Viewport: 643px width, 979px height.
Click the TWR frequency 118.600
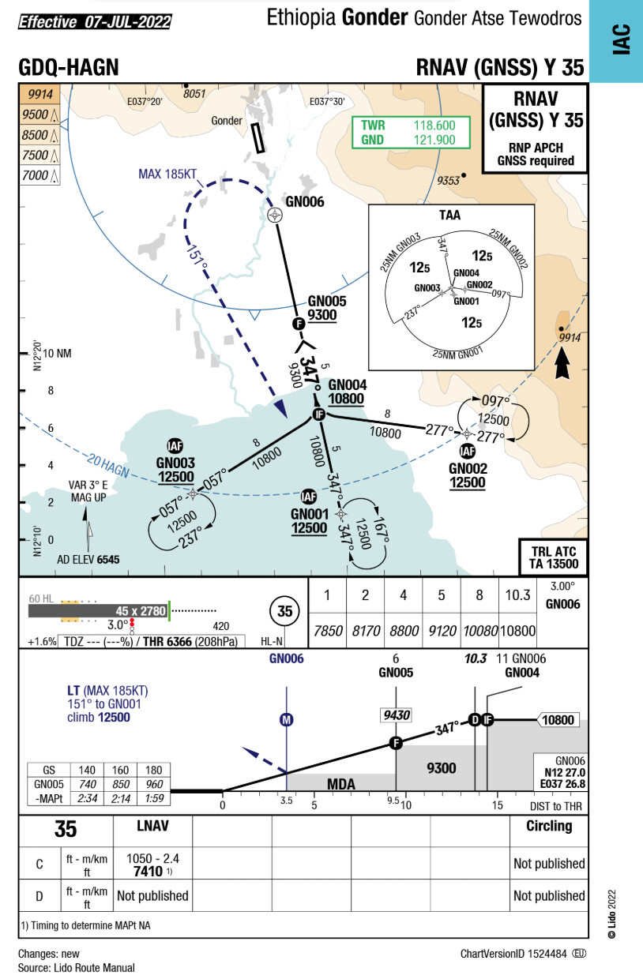tap(434, 126)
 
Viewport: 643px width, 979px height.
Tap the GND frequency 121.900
tap(434, 140)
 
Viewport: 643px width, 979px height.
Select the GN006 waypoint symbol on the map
tap(275, 214)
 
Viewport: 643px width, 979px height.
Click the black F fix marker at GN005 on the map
tap(299, 324)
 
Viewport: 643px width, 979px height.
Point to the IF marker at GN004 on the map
tap(319, 414)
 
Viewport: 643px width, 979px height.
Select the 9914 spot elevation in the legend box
tap(39, 95)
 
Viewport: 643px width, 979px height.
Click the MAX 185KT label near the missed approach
tap(168, 174)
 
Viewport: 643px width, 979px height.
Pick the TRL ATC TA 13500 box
tap(553, 557)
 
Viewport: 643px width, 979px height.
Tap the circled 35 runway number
tap(285, 610)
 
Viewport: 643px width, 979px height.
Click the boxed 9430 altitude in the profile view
tap(396, 715)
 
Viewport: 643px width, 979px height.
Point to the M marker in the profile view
tap(287, 719)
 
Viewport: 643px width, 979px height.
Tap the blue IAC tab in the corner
tap(621, 41)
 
